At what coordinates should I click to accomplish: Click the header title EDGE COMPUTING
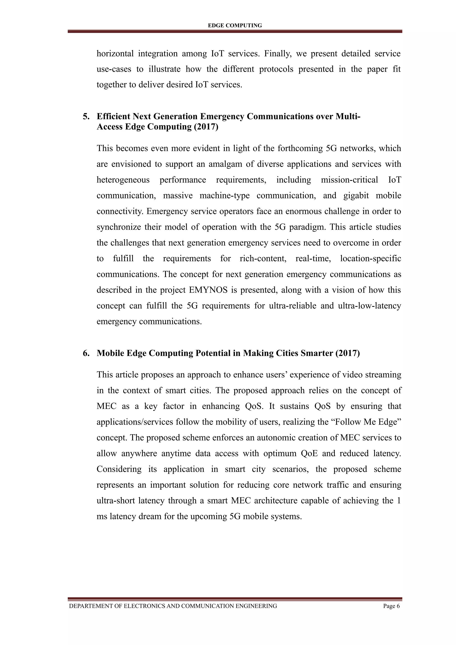click(235, 26)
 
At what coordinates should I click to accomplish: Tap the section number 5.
click(86, 116)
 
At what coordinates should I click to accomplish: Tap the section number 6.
click(86, 353)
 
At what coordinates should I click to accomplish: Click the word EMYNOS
click(208, 290)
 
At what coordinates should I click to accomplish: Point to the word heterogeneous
click(123, 180)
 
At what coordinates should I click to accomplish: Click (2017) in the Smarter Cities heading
click(348, 353)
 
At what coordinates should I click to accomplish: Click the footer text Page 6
click(391, 606)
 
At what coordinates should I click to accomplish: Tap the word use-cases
click(114, 69)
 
